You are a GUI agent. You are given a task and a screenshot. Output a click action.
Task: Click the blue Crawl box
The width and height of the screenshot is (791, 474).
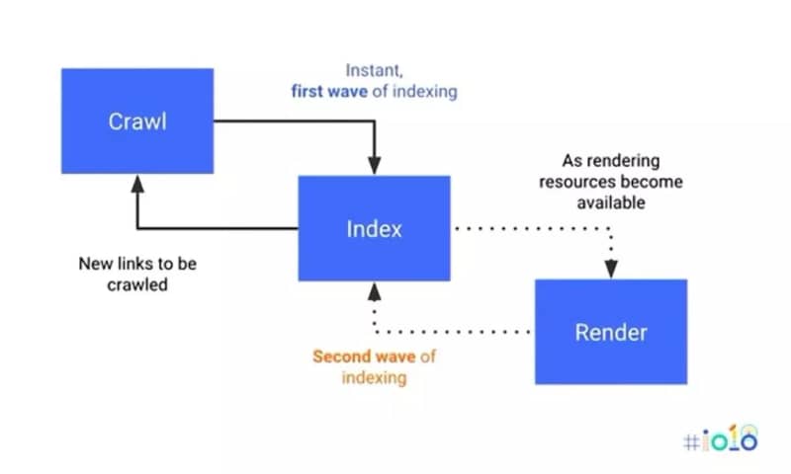point(137,120)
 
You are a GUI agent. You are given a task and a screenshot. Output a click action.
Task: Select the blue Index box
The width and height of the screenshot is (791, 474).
point(374,228)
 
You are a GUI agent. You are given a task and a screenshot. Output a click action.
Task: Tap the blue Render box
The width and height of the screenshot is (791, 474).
point(610,332)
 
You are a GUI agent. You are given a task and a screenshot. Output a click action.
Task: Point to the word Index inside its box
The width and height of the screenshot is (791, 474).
point(374,229)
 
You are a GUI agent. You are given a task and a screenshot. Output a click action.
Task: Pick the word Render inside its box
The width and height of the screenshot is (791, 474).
point(610,333)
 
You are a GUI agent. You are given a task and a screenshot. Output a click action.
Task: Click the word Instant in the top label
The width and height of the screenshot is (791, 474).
point(372,71)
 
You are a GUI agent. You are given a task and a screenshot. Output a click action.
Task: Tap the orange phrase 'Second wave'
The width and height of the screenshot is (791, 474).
point(353,356)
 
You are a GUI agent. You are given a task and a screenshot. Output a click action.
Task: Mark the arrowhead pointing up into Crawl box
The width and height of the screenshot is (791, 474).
point(138,184)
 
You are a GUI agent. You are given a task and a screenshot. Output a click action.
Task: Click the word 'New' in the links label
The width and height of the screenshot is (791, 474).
point(96,265)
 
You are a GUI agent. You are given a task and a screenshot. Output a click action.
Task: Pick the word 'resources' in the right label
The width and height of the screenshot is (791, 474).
point(586,182)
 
